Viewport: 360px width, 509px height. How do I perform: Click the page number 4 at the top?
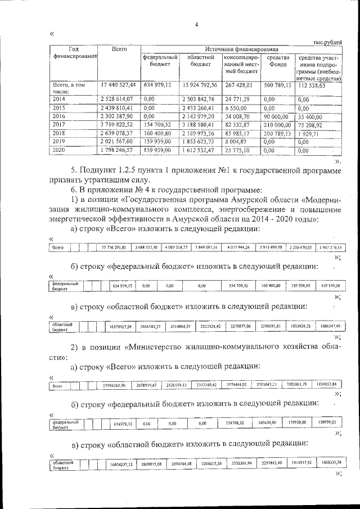point(196,24)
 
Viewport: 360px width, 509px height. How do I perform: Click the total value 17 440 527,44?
point(118,85)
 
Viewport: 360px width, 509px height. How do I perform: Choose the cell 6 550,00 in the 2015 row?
point(235,108)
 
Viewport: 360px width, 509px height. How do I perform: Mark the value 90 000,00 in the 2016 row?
point(278,117)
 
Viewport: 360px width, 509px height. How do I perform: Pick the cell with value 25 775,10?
point(237,151)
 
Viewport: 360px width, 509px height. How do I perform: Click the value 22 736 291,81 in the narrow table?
point(114,247)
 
